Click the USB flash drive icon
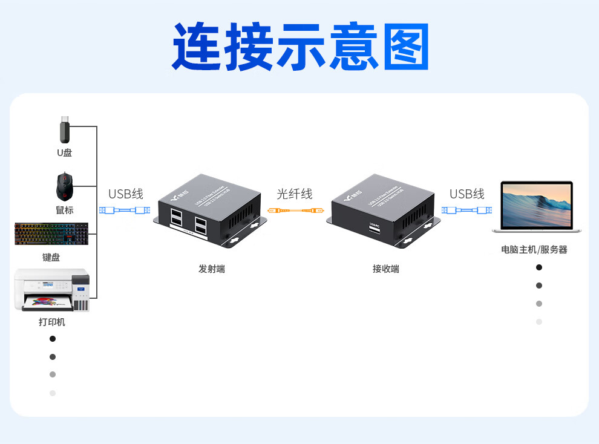(65, 130)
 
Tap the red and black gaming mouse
(64, 186)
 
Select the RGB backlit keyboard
(51, 234)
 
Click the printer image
(52, 290)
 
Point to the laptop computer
(537, 207)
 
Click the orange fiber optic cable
(294, 211)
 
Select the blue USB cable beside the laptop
(466, 211)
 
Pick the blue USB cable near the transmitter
(125, 211)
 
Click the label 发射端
(211, 269)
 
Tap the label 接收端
(385, 269)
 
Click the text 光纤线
(294, 194)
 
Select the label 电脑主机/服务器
(534, 249)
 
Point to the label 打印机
(52, 322)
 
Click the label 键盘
(51, 257)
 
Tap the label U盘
(65, 152)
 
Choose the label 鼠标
(65, 210)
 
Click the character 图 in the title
(405, 47)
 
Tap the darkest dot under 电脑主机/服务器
(539, 267)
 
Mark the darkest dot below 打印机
(53, 339)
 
